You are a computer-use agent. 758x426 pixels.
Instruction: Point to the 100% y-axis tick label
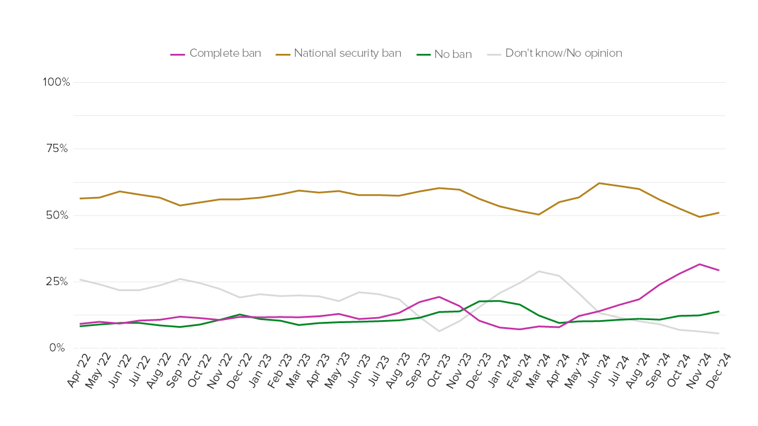point(56,82)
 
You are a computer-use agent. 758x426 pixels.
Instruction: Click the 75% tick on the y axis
point(58,149)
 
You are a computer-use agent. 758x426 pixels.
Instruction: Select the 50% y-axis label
point(58,215)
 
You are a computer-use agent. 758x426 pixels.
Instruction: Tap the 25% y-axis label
point(58,282)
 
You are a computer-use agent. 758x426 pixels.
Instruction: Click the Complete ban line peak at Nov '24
point(699,264)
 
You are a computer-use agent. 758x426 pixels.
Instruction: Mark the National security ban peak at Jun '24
point(599,183)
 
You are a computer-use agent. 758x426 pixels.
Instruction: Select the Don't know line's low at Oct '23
point(439,331)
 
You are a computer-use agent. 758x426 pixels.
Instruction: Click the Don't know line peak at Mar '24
point(538,271)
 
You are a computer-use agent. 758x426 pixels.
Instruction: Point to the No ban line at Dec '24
point(719,311)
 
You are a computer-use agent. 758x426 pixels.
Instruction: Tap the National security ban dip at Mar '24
point(538,214)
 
